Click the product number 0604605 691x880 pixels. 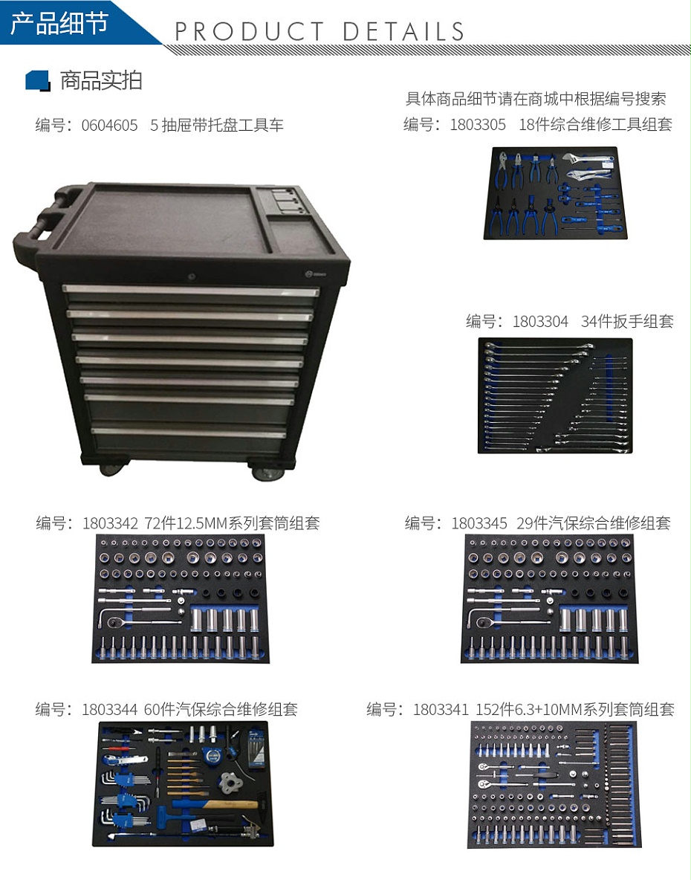[109, 126]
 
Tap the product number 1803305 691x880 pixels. [478, 125]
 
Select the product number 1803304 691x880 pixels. [540, 322]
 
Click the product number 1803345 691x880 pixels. [479, 523]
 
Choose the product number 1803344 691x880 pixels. [110, 709]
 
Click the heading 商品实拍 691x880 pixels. [101, 80]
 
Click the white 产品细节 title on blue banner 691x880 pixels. [59, 22]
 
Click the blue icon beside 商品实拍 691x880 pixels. [37, 80]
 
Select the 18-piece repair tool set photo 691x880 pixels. [551, 192]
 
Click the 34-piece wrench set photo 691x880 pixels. [554, 395]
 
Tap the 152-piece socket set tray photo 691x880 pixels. [554, 785]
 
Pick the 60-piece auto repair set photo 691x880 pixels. [186, 783]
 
